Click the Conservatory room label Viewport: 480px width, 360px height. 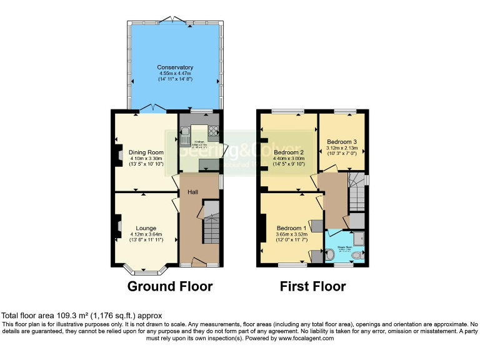175,67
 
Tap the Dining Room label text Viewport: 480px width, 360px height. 146,152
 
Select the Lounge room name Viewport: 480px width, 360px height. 146,228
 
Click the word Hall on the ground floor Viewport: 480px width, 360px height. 192,193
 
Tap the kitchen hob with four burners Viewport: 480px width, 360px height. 213,131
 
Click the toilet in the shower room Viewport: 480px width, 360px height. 330,256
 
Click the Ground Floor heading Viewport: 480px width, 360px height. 170,287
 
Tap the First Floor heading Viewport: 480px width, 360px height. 312,287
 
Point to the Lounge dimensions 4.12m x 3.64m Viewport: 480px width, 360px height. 146,234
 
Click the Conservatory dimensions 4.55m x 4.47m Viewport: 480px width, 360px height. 175,74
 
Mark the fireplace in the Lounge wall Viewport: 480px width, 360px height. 118,226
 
